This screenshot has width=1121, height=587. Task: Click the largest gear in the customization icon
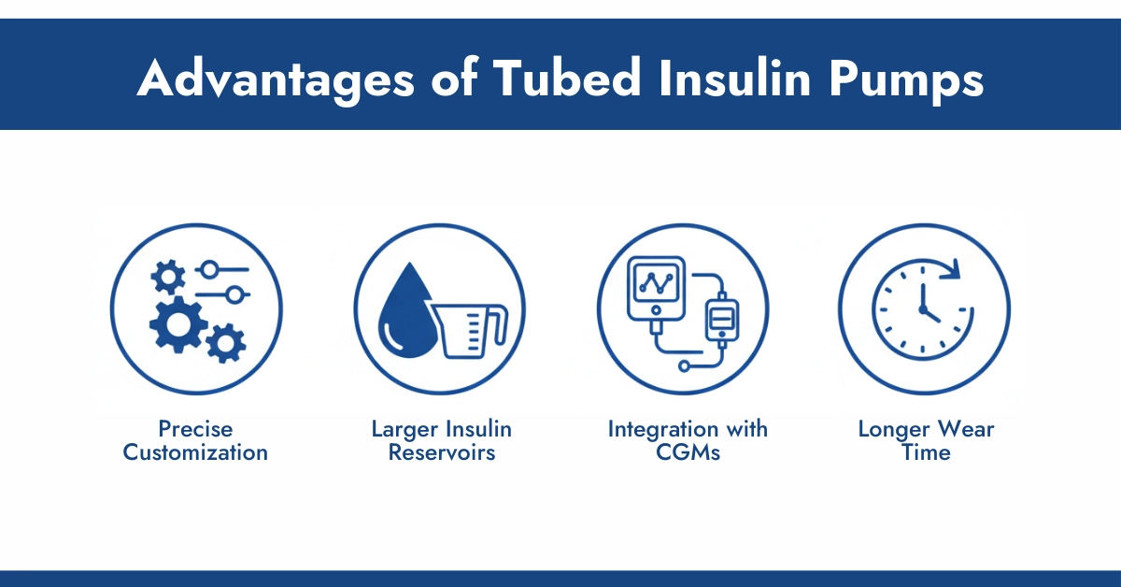[x=177, y=322]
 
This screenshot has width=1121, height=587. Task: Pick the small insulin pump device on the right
[x=718, y=319]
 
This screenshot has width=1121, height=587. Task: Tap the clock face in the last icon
[x=920, y=308]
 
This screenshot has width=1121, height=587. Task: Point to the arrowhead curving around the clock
[x=950, y=271]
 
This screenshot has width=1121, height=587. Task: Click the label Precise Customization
[x=195, y=441]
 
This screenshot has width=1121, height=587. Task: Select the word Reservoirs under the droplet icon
[x=441, y=453]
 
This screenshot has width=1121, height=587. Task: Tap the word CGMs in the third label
[x=688, y=453]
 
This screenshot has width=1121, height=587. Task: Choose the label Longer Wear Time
[x=926, y=441]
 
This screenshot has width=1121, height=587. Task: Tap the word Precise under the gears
[x=195, y=429]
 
